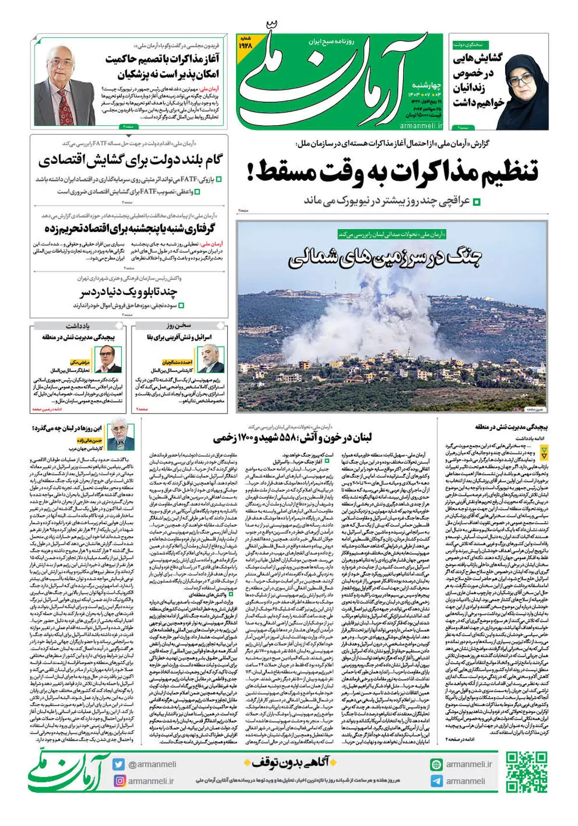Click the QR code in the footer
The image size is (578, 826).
[527, 772]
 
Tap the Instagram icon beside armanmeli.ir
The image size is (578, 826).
[119, 781]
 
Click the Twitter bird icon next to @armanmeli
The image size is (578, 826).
[119, 764]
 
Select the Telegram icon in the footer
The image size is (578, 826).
[436, 781]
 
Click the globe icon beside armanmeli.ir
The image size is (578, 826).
[436, 764]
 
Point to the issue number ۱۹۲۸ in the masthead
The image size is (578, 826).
[246, 45]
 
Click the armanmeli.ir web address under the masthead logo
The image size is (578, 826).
[421, 125]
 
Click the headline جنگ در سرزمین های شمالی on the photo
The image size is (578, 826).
[385, 259]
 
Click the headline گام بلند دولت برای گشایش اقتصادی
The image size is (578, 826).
[130, 161]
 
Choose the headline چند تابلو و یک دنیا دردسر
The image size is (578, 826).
[129, 292]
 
